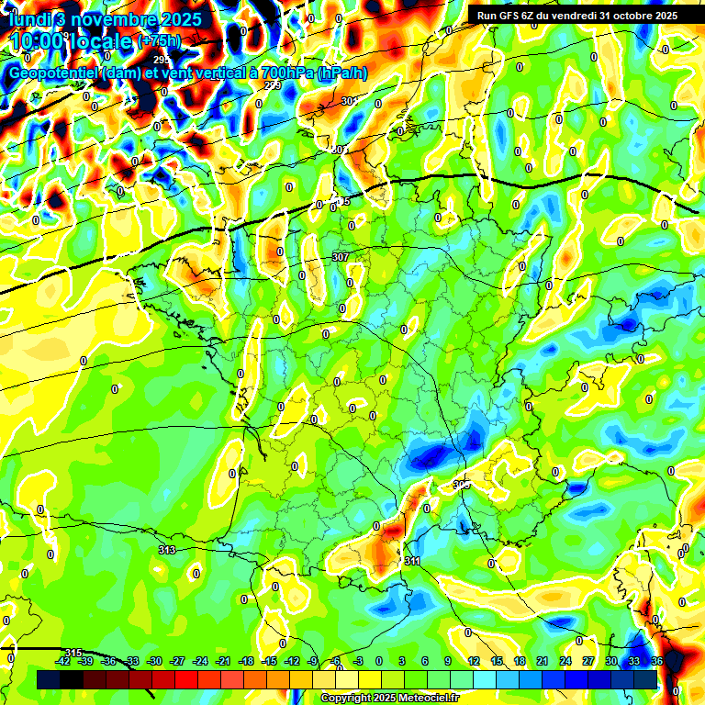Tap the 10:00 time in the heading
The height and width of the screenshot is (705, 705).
(35, 41)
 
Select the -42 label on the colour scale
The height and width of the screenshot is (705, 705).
(64, 661)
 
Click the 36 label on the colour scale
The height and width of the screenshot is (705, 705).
(657, 661)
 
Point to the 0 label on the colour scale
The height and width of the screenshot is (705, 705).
(379, 661)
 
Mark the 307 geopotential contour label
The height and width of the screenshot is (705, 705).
(341, 257)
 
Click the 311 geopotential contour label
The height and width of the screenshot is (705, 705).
(412, 560)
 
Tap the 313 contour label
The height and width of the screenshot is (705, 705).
(166, 550)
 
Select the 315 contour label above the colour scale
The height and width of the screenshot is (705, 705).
(73, 652)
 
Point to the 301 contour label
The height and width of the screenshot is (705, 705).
(349, 101)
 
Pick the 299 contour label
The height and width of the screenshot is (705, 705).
(273, 85)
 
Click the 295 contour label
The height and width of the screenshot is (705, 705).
(162, 60)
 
